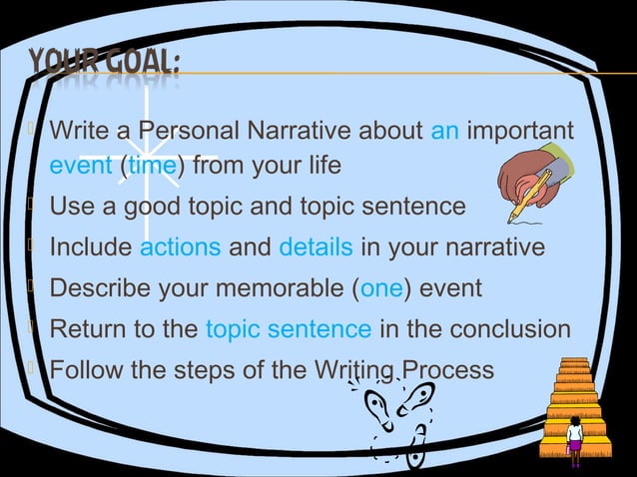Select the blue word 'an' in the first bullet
point(444,131)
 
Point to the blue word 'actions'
point(181,247)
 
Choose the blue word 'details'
point(316,247)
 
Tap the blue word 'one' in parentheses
point(382,288)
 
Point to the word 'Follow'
point(84,370)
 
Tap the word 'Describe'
point(96,288)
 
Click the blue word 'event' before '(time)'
point(81,165)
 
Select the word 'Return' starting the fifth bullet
point(86,329)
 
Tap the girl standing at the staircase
point(574,439)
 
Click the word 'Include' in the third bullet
point(91,247)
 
